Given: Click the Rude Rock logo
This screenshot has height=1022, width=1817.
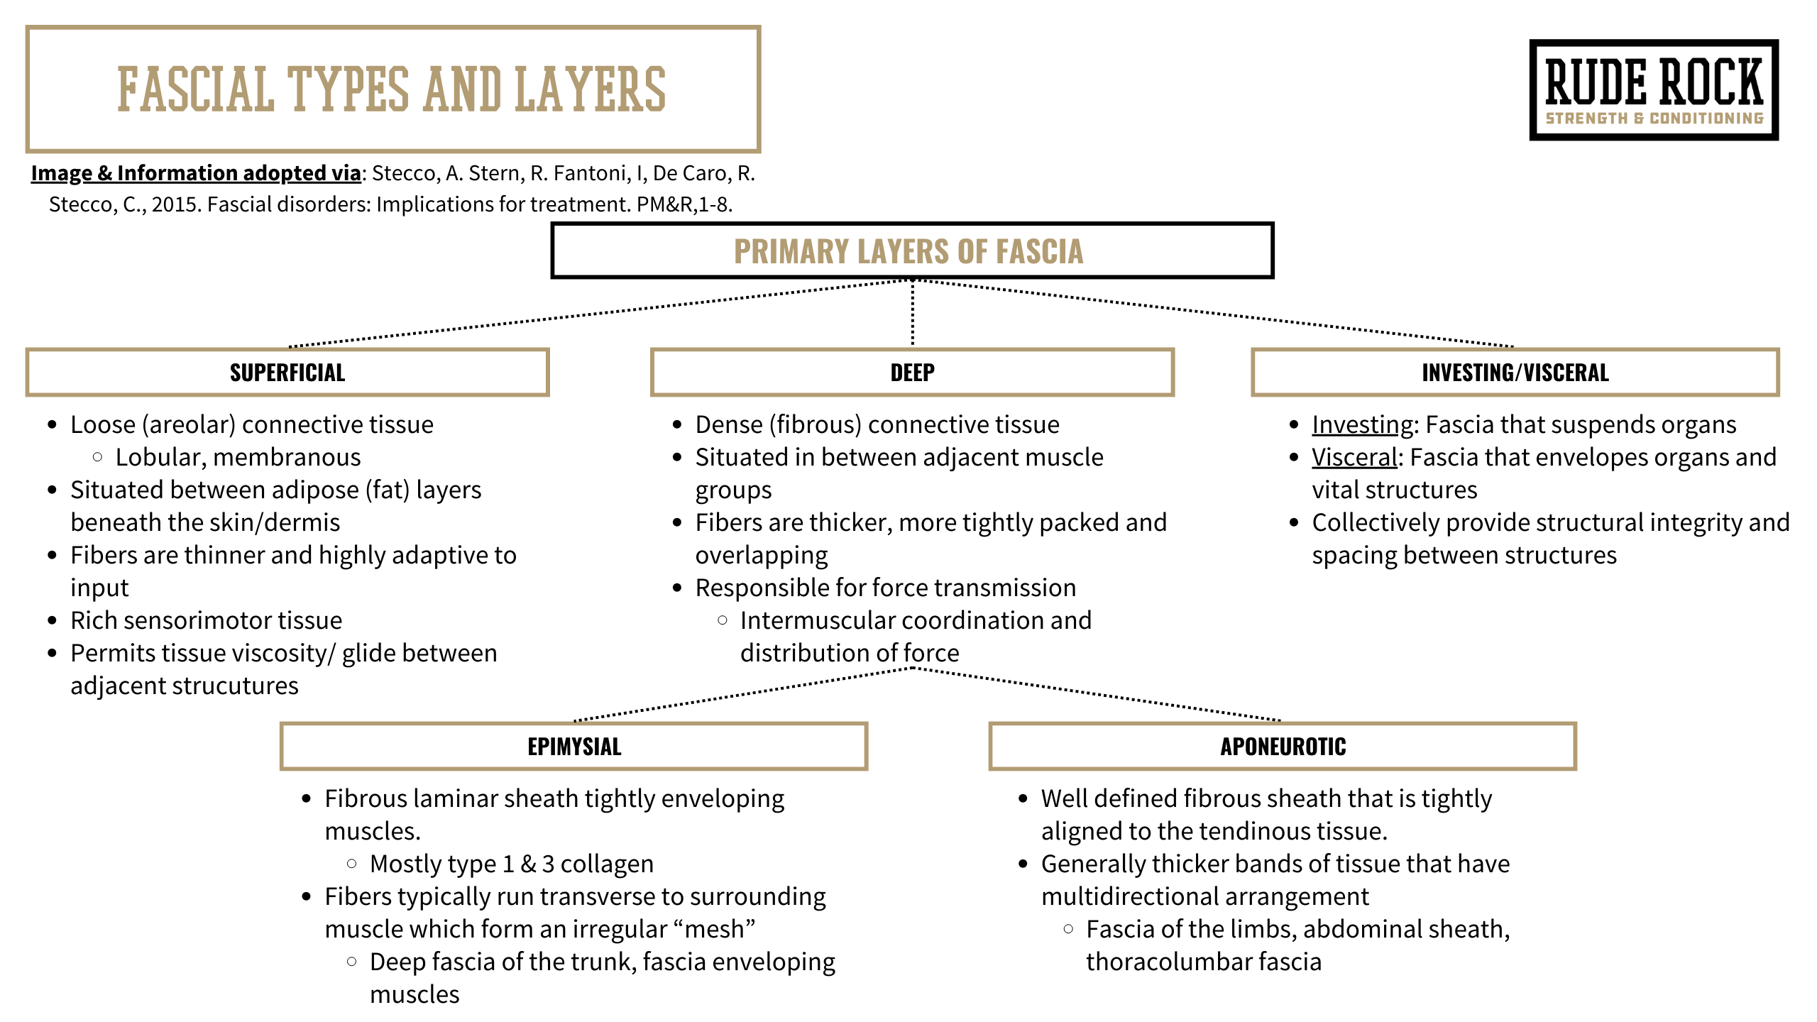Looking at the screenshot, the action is [1654, 90].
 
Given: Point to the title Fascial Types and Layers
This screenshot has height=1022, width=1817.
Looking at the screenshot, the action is [393, 89].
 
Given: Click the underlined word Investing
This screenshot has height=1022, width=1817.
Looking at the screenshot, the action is [1363, 424].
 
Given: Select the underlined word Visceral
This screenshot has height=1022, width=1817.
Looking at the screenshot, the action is [1354, 457].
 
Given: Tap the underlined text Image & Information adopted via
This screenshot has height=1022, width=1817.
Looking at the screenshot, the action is [196, 173].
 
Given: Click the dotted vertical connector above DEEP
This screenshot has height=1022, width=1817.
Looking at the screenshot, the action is [913, 313].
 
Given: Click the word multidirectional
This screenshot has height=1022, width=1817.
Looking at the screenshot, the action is [1153, 896].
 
